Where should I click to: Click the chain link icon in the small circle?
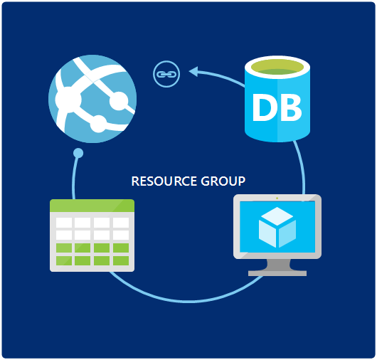pyautogui.click(x=166, y=73)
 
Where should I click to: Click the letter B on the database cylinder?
pyautogui.click(x=289, y=107)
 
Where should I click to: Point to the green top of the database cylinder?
pyautogui.click(x=278, y=69)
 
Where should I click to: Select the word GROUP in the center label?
pyautogui.click(x=221, y=181)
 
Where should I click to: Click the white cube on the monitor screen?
pyautogui.click(x=277, y=228)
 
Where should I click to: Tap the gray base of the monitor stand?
pyautogui.click(x=277, y=272)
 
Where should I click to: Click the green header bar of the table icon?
pyautogui.click(x=92, y=206)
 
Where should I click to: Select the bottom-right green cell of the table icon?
pyautogui.click(x=120, y=260)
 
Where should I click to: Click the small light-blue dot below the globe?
pyautogui.click(x=78, y=152)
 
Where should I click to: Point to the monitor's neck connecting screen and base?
pyautogui.click(x=277, y=263)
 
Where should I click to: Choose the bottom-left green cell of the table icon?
pyautogui.click(x=64, y=260)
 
